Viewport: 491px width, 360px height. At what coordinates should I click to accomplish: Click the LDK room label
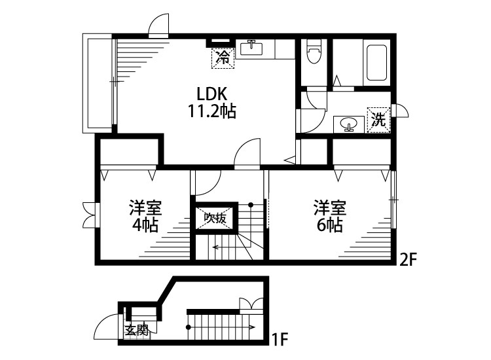(x=211, y=93)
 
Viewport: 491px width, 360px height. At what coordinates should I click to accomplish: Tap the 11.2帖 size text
(x=211, y=111)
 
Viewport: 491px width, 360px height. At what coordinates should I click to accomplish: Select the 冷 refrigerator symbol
(x=223, y=58)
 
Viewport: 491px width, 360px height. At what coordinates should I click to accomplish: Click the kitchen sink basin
(x=251, y=49)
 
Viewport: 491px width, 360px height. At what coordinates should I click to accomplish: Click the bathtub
(x=376, y=63)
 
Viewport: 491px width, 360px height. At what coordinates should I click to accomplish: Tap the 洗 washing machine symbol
(x=378, y=120)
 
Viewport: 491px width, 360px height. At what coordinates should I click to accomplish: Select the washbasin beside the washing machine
(x=348, y=124)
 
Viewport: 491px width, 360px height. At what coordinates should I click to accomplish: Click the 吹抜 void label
(x=215, y=218)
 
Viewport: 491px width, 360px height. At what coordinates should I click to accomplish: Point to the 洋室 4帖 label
(x=145, y=216)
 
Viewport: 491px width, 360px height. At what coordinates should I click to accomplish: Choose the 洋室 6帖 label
(x=330, y=216)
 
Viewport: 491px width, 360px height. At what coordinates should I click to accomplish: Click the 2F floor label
(x=409, y=259)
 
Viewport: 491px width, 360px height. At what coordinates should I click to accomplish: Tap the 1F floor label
(x=280, y=339)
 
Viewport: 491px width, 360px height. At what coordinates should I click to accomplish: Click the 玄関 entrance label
(x=137, y=331)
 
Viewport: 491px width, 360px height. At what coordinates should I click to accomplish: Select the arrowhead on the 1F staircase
(x=252, y=327)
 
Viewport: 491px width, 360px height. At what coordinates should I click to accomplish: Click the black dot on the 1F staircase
(x=188, y=327)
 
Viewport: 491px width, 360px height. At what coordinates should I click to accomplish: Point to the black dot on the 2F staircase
(x=251, y=205)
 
